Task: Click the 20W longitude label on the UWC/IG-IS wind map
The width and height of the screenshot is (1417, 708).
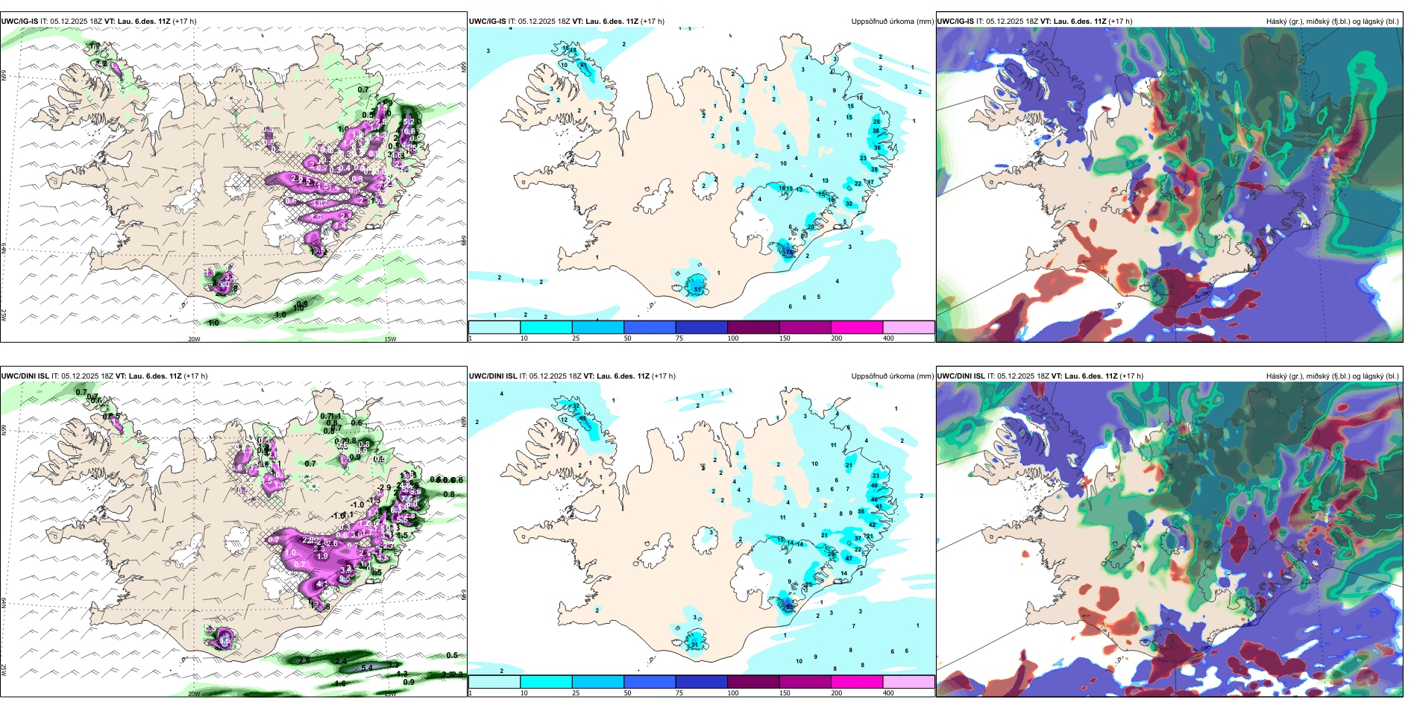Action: tap(194, 339)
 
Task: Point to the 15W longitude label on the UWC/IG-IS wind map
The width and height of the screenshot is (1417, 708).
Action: tap(389, 339)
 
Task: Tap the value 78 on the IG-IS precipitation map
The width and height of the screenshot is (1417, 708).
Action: tap(790, 252)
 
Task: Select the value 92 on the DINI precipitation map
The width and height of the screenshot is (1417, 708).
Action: tap(790, 607)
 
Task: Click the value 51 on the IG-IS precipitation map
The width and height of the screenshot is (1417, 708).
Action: tap(698, 289)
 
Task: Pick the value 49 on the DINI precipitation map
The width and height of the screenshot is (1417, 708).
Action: tap(875, 484)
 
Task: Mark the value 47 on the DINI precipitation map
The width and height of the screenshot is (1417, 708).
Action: tap(849, 558)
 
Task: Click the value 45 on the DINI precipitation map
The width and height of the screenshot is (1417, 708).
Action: tap(582, 419)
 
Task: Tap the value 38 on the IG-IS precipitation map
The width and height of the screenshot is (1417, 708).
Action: tap(876, 130)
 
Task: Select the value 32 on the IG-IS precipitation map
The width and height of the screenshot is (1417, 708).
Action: tap(849, 203)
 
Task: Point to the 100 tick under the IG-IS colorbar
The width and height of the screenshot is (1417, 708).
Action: tap(732, 338)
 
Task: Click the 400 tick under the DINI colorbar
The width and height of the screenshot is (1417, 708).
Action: tap(888, 693)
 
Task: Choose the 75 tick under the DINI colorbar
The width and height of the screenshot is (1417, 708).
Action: tap(679, 693)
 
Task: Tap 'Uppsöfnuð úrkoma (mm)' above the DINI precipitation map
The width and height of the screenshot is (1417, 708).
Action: tap(892, 376)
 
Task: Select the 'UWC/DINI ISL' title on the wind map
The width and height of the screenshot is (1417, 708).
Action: tap(25, 376)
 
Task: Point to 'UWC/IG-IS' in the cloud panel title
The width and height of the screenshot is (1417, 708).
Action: tap(955, 22)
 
